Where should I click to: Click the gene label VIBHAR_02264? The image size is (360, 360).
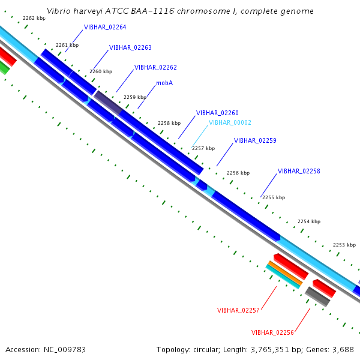pyautogui.click(x=105, y=28)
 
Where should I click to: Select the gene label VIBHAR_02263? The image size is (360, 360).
pyautogui.click(x=130, y=47)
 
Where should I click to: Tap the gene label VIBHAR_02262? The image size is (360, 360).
pyautogui.click(x=155, y=68)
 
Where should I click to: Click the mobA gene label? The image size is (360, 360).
pyautogui.click(x=164, y=83)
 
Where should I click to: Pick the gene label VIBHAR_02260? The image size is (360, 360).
pyautogui.click(x=217, y=113)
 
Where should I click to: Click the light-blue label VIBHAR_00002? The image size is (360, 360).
pyautogui.click(x=230, y=122)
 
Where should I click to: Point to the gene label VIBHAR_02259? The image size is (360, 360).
pyautogui.click(x=255, y=140)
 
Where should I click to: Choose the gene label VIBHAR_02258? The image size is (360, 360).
pyautogui.click(x=299, y=171)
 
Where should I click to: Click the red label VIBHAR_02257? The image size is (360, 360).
pyautogui.click(x=238, y=310)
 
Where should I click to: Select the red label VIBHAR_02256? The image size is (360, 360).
pyautogui.click(x=272, y=332)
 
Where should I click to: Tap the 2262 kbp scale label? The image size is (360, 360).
pyautogui.click(x=33, y=19)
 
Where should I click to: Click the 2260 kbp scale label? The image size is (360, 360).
pyautogui.click(x=101, y=71)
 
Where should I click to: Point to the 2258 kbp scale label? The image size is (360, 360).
pyautogui.click(x=169, y=123)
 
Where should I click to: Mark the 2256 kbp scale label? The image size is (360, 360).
pyautogui.click(x=238, y=173)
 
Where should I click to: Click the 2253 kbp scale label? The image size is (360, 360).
pyautogui.click(x=344, y=245)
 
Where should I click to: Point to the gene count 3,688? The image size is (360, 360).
pyautogui.click(x=343, y=349)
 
